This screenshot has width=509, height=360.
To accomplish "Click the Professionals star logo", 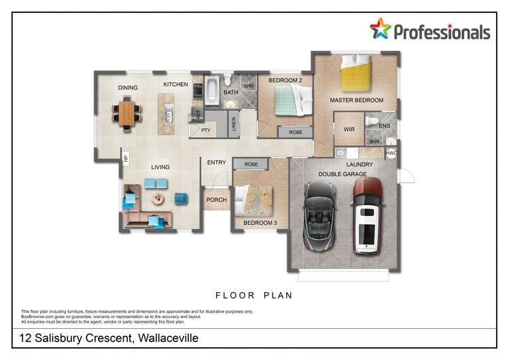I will click(x=381, y=29).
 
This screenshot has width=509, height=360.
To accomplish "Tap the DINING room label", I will click(x=128, y=88).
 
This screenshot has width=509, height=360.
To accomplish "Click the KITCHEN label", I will click(x=175, y=84).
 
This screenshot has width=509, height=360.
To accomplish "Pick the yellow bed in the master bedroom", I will click(x=356, y=73).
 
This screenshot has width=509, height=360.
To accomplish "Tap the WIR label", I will click(x=349, y=129).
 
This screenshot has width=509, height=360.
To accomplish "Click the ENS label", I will click(x=385, y=126).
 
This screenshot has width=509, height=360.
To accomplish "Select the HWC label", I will click(x=391, y=154).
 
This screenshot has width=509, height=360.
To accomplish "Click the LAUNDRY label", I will click(x=359, y=164).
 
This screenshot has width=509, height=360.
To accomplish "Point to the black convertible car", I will click(x=319, y=217).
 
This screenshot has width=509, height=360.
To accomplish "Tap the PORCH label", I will click(x=216, y=200).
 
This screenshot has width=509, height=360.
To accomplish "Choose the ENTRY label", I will click(x=216, y=162).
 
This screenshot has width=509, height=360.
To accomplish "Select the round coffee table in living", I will click(x=158, y=199).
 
